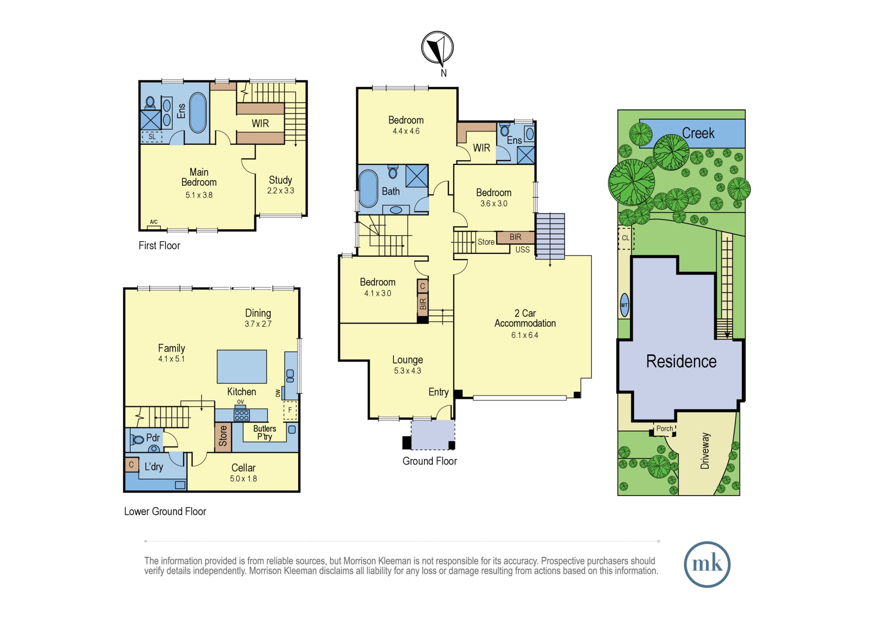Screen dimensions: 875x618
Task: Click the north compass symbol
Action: click(437, 47)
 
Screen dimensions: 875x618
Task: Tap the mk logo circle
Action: click(707, 564)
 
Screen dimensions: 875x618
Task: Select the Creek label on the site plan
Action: click(698, 133)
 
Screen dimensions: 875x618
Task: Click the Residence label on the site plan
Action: click(681, 361)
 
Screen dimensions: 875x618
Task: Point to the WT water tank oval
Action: click(624, 305)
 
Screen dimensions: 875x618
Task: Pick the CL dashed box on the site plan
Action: click(626, 238)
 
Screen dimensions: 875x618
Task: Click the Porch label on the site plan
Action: click(665, 428)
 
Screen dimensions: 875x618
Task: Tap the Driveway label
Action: click(705, 451)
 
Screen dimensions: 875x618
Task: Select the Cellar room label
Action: click(243, 468)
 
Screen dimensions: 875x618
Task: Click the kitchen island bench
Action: click(242, 366)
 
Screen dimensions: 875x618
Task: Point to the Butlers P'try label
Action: click(265, 432)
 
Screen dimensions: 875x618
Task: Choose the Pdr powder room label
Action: click(153, 437)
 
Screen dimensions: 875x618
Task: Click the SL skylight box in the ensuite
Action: click(152, 137)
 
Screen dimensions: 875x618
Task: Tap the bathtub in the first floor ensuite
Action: click(198, 112)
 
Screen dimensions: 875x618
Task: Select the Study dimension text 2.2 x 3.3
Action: click(280, 191)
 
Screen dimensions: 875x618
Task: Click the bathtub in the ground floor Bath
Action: click(368, 189)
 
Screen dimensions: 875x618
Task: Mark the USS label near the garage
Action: click(522, 250)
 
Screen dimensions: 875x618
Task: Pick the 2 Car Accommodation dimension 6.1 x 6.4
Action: click(525, 335)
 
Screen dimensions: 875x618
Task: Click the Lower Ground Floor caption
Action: click(165, 511)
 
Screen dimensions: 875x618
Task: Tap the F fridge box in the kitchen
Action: click(290, 410)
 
